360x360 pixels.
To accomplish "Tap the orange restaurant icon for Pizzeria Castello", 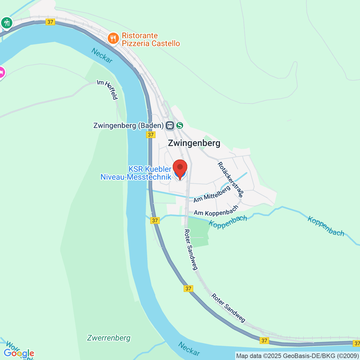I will [113, 38].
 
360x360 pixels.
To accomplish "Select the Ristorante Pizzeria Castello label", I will [151, 40].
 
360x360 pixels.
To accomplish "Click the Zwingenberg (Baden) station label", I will [128, 125].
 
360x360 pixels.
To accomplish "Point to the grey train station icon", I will [170, 125].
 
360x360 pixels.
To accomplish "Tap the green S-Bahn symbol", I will [180, 125].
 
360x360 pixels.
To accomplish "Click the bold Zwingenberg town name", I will [194, 143].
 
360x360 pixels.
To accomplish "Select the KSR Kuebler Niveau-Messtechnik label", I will [136, 173].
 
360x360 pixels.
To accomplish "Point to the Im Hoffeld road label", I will [108, 89].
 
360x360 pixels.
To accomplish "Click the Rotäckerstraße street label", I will [230, 179].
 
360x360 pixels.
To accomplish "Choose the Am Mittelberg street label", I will [212, 194].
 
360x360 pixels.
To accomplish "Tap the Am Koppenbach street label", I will [216, 211].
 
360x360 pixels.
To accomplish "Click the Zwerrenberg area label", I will [109, 338].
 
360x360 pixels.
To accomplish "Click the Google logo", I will [19, 353].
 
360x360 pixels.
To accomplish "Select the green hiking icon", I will [7, 23].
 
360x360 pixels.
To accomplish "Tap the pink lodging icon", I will [1, 73].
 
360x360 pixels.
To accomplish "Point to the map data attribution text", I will [297, 356].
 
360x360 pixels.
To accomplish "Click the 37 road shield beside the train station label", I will [151, 135].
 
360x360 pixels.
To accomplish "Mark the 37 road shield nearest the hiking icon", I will [50, 22].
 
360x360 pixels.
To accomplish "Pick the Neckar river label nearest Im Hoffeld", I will [102, 56].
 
